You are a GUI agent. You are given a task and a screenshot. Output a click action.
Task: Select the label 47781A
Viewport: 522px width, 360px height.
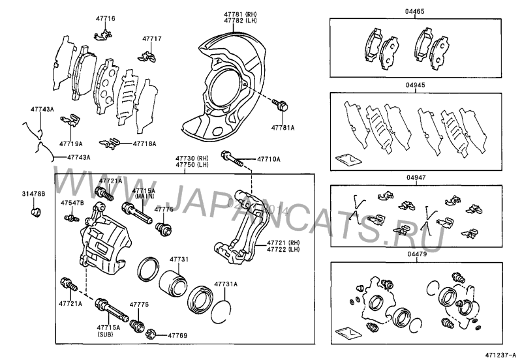coord(283,128)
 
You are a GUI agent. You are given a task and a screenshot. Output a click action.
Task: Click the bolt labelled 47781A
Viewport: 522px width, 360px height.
coord(282,104)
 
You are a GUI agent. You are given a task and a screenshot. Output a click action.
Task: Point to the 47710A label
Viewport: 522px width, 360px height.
coord(268,159)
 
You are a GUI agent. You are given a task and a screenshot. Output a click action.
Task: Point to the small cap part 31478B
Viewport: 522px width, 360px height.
coord(37,211)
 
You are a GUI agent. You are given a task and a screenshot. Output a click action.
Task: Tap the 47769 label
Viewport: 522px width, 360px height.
coord(177,335)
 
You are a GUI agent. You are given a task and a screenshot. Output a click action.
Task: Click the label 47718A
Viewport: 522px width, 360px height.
coord(145,142)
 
